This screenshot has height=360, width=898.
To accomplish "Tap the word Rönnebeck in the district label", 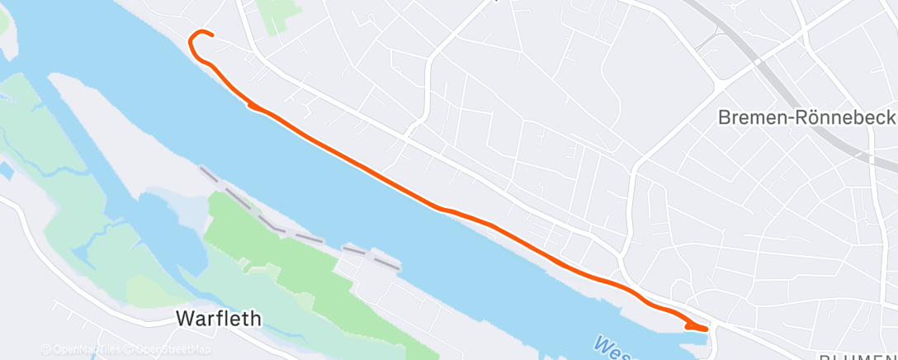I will coord(850,117).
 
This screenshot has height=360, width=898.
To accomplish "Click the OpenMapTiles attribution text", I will coord(82,350).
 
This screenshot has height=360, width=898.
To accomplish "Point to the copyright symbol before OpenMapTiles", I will coord(45,350).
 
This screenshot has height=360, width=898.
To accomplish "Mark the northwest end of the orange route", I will coord(212,35).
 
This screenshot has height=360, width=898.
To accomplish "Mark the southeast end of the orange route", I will coord(706,329).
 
